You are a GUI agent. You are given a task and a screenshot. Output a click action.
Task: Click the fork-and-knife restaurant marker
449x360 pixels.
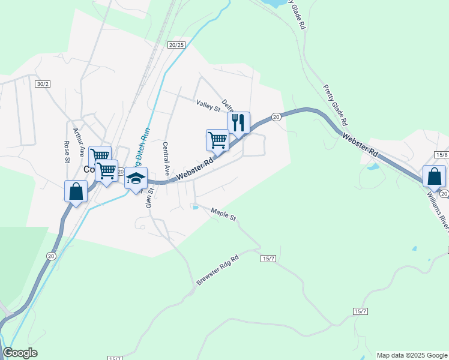coord(238,123)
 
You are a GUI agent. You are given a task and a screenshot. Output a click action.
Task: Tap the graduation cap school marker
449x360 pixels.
coord(136,178)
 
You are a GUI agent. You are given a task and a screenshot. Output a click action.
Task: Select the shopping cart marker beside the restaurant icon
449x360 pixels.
coord(217,140)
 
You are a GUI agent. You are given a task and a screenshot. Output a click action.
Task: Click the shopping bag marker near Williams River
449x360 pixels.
coord(434,176)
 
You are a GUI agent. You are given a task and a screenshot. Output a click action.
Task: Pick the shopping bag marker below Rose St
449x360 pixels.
coord(76,191)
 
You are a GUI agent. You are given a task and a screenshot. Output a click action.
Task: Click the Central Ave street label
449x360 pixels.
coord(166,158)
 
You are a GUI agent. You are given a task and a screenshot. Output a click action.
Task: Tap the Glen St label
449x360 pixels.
coord(150,197)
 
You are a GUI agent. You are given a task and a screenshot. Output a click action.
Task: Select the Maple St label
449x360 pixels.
coord(223,214)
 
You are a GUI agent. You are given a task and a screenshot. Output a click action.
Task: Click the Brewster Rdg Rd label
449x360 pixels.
coord(217,271)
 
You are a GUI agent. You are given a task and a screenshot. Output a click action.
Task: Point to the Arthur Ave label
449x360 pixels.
coord(77,141)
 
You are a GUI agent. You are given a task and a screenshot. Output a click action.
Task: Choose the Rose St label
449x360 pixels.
coord(66,152)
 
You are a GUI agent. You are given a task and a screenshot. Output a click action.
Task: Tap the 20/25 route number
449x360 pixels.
coord(176,45)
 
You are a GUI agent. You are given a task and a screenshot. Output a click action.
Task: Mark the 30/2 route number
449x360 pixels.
coord(42,84)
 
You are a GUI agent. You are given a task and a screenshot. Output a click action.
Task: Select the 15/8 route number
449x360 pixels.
coord(442,155)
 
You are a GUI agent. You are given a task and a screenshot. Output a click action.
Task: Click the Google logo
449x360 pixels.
coord(20,353)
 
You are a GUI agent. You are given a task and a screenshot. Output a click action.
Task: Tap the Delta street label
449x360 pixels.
coord(227,106)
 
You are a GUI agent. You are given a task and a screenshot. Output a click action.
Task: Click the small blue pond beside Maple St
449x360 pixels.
coord(195,208)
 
